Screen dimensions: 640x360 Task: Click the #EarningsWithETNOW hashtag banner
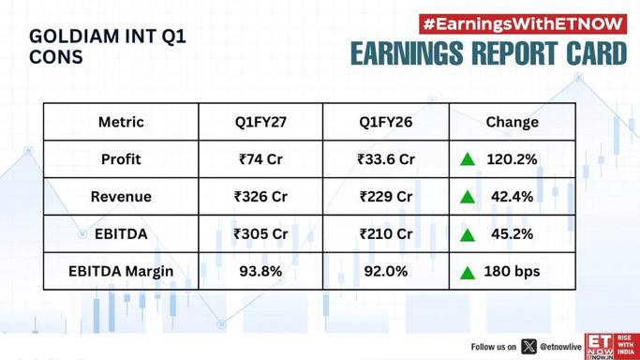tap(523, 24)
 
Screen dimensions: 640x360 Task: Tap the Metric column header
tap(121, 122)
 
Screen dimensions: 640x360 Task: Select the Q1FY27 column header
tap(260, 122)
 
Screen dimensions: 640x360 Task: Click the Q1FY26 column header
tap(386, 122)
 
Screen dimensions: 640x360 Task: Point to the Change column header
tap(513, 122)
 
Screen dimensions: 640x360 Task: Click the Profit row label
tap(121, 159)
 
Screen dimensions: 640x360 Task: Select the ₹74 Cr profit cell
tap(260, 159)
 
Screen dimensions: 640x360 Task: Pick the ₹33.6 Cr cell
tap(386, 159)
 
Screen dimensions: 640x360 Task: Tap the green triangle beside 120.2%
tap(468, 159)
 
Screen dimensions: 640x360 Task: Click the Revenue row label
tap(121, 197)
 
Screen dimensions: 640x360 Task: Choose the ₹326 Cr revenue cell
tap(260, 197)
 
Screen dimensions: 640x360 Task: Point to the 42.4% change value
tap(513, 197)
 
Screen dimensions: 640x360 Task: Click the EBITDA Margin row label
tap(121, 272)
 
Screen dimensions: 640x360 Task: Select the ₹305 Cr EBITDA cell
tap(260, 234)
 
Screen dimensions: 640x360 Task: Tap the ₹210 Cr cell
tap(386, 234)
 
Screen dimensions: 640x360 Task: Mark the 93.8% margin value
tap(260, 272)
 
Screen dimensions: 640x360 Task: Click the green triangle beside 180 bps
tap(468, 272)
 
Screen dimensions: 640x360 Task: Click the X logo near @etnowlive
tap(528, 347)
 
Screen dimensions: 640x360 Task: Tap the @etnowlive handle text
tap(560, 347)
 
